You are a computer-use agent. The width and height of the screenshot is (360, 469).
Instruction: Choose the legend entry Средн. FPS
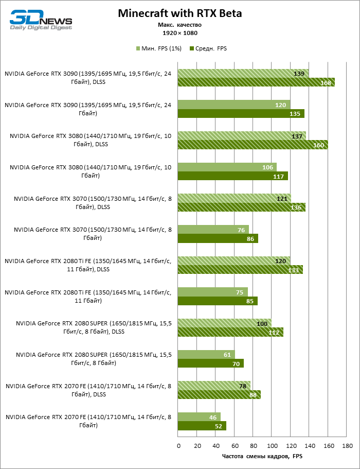[x=208, y=48]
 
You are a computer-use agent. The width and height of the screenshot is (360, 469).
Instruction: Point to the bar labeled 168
[x=256, y=82]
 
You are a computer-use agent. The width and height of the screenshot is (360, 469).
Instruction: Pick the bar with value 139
[x=243, y=74]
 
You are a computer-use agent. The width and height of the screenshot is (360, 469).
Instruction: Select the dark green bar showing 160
[x=253, y=145]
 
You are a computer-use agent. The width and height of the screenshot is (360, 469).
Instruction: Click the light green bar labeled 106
[x=227, y=167]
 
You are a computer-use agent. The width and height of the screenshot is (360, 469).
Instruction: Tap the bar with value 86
[x=218, y=238]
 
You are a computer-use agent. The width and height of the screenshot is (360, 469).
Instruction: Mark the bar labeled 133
[x=240, y=270]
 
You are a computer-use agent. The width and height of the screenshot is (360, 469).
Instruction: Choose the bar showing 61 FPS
[x=206, y=355]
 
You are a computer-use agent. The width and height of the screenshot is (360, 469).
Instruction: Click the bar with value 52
[x=202, y=426]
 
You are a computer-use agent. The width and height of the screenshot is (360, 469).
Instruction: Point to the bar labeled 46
[x=199, y=417]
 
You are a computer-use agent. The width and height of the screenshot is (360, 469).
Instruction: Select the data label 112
[x=274, y=333]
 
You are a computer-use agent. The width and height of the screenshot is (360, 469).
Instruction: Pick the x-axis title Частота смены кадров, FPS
[x=262, y=456]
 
